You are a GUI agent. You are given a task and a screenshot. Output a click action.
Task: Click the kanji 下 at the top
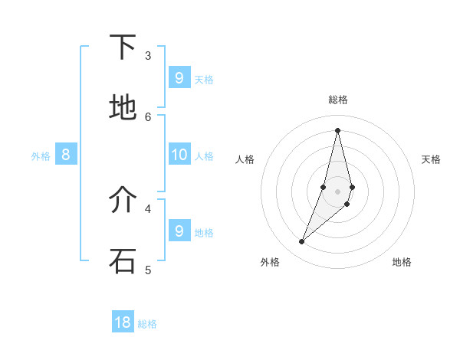coord(123,47)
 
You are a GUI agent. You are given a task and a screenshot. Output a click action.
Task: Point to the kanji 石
coord(123,260)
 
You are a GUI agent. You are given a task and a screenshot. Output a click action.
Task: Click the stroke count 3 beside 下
coord(148,55)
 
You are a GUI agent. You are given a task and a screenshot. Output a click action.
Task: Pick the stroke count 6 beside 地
coord(148,116)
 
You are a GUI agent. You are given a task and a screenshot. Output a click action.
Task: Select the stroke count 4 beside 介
coord(148,208)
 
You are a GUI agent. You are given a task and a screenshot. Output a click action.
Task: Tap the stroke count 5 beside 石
coord(148,270)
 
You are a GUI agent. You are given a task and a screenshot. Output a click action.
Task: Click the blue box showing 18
coord(123,322)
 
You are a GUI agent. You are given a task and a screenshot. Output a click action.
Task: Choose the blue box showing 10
coord(179,154)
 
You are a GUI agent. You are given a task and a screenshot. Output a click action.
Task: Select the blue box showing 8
coord(66,155)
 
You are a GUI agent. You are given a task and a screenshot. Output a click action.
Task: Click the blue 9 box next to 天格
coord(179,77)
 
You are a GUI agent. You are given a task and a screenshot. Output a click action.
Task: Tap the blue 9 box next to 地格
coord(179,231)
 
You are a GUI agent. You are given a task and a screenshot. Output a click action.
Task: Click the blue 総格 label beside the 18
coord(147,324)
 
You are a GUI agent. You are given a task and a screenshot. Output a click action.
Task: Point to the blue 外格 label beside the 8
coord(41,156)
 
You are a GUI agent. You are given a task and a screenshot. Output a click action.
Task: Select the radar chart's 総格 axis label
coord(337,100)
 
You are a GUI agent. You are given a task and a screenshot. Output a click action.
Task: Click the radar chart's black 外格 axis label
coord(270,262)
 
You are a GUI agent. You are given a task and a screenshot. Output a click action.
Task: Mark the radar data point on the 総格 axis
coord(337,129)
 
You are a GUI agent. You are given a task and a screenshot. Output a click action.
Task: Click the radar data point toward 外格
coord(302,242)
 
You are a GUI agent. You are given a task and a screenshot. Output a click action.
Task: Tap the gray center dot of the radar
coord(337,191)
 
